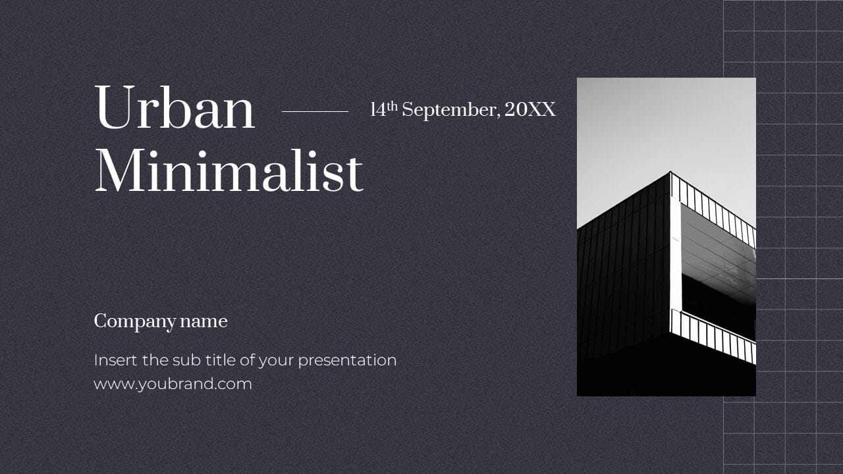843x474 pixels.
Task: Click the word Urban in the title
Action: (x=175, y=109)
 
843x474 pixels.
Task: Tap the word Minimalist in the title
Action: (x=229, y=171)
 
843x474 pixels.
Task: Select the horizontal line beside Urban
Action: (x=315, y=111)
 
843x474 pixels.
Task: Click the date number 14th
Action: (x=384, y=109)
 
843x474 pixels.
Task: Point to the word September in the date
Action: (x=449, y=111)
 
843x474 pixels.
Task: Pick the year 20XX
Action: (x=530, y=109)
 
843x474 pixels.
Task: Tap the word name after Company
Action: (x=204, y=321)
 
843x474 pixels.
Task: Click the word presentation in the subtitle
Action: (x=347, y=361)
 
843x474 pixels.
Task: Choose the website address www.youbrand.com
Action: (x=173, y=384)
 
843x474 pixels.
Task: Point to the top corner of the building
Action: (x=670, y=173)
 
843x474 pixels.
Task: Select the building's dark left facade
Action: (x=622, y=276)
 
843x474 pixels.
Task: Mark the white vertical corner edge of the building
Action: (x=675, y=263)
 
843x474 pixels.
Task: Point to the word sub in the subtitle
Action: (x=184, y=360)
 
